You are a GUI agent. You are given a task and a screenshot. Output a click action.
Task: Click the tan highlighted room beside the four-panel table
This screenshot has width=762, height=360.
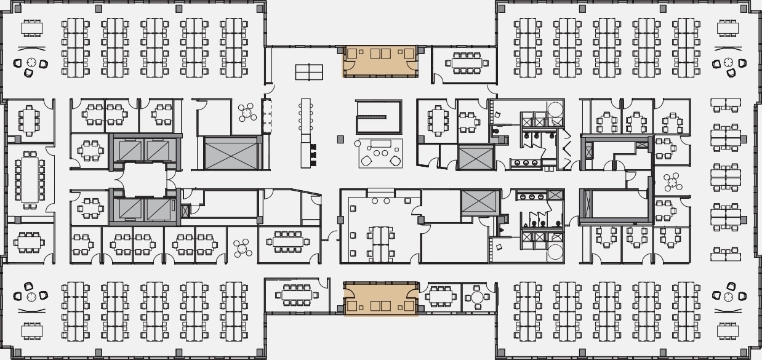(380, 61)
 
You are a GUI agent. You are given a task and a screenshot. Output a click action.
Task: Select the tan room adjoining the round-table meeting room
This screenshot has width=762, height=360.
(380, 299)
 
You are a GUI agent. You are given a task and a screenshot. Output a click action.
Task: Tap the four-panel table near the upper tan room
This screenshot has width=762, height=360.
(309, 73)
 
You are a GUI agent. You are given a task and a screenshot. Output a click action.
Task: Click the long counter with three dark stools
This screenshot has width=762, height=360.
(306, 133)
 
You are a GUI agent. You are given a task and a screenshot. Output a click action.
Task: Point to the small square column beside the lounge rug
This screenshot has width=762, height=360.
(340, 140)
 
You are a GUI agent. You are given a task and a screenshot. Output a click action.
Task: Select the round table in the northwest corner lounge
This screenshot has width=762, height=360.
(30, 63)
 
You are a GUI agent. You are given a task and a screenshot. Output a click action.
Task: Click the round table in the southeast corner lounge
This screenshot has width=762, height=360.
(729, 297)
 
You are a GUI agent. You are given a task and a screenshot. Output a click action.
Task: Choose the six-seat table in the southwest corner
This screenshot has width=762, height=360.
(31, 331)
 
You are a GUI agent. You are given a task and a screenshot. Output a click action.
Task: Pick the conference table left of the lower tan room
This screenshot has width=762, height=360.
(297, 295)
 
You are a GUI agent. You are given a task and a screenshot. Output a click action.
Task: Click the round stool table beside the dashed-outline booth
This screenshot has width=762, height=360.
(248, 113)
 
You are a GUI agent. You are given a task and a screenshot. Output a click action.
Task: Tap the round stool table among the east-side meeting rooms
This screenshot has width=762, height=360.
(672, 182)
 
